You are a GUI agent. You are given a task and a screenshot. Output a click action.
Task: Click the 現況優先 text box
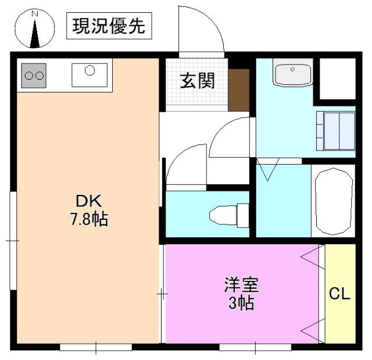point(109,27)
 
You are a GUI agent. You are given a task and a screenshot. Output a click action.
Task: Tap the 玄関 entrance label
point(196,81)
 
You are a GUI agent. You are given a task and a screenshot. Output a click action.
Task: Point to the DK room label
point(89,201)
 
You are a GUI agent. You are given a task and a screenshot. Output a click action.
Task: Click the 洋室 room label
point(241,285)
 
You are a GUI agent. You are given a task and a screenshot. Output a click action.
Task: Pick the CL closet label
point(340,294)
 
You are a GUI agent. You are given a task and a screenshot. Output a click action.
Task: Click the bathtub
point(334,201)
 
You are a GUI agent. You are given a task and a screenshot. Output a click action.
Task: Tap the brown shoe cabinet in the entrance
point(238,90)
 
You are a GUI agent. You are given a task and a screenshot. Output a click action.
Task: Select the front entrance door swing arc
point(201,29)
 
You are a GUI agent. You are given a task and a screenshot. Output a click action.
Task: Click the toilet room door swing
point(185,166)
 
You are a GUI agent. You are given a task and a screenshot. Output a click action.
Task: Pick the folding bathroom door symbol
point(269,169)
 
